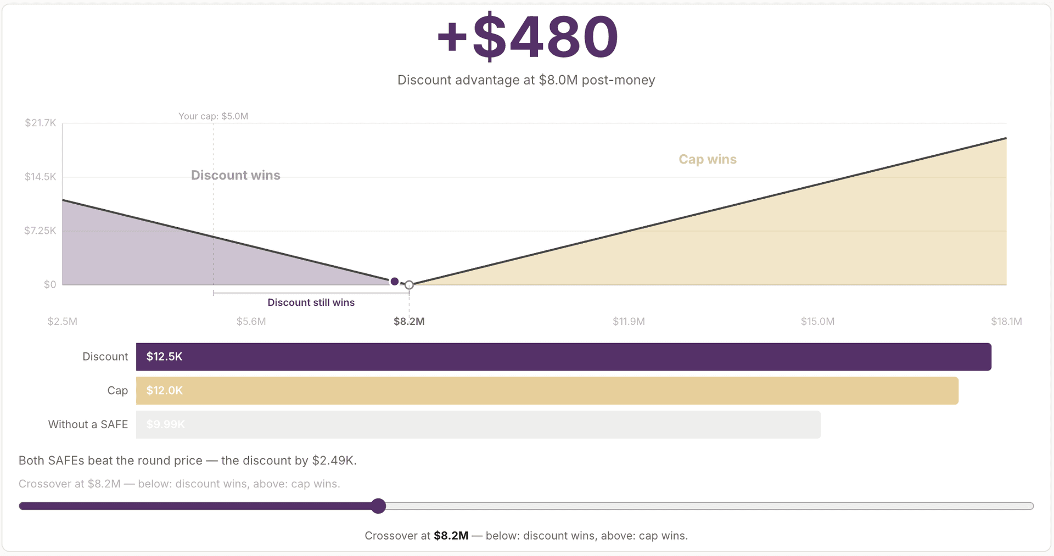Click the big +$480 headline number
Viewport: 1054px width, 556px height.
[x=527, y=37]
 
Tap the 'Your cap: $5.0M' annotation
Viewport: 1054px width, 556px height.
[x=213, y=116]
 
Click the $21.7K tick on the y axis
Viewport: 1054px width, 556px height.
[x=41, y=123]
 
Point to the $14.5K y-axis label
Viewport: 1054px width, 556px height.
[x=41, y=177]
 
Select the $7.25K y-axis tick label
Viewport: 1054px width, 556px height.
[x=40, y=231]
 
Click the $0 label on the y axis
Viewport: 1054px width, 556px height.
[x=50, y=284]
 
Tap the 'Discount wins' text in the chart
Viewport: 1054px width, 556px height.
[x=236, y=175]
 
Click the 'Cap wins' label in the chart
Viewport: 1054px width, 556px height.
[x=707, y=159]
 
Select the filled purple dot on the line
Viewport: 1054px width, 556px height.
[x=395, y=282]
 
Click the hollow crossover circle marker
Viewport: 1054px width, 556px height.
[x=409, y=285]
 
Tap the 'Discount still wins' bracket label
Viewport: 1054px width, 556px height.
[x=311, y=302]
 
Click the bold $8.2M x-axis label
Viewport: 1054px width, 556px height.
[x=409, y=322]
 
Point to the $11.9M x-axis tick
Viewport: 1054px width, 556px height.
[x=629, y=322]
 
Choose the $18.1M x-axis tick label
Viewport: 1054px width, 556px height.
[x=1006, y=322]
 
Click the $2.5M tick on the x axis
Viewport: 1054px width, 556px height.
[x=63, y=322]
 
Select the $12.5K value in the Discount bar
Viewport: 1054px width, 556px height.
[x=164, y=357]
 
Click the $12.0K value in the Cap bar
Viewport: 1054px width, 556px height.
[x=164, y=391]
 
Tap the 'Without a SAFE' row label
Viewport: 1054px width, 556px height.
[x=88, y=424]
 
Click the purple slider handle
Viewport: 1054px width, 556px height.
[x=378, y=506]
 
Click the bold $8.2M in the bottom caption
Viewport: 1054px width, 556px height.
[x=451, y=536]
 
